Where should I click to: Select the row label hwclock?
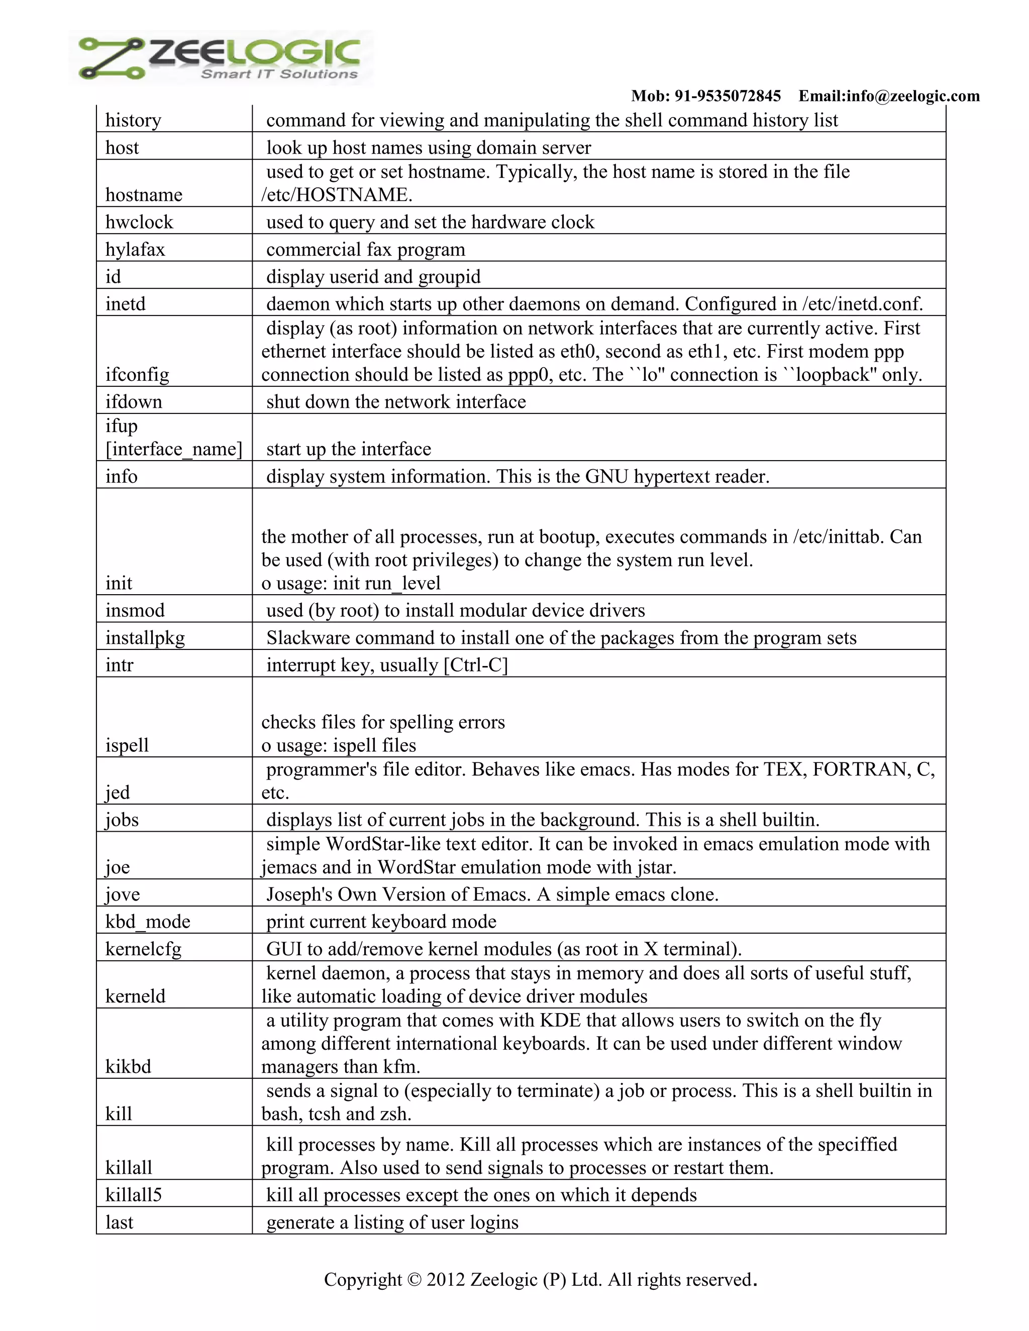click(139, 222)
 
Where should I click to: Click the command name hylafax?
click(135, 249)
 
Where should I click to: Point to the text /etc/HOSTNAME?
click(337, 195)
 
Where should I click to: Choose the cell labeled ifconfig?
click(137, 374)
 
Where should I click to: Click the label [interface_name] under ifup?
click(174, 449)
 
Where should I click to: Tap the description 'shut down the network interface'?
click(395, 402)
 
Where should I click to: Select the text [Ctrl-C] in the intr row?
click(475, 665)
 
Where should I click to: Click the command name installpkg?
click(145, 638)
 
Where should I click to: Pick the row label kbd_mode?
click(148, 922)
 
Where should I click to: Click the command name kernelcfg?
click(143, 949)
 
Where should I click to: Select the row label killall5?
click(134, 1194)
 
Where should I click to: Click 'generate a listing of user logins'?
click(392, 1222)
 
